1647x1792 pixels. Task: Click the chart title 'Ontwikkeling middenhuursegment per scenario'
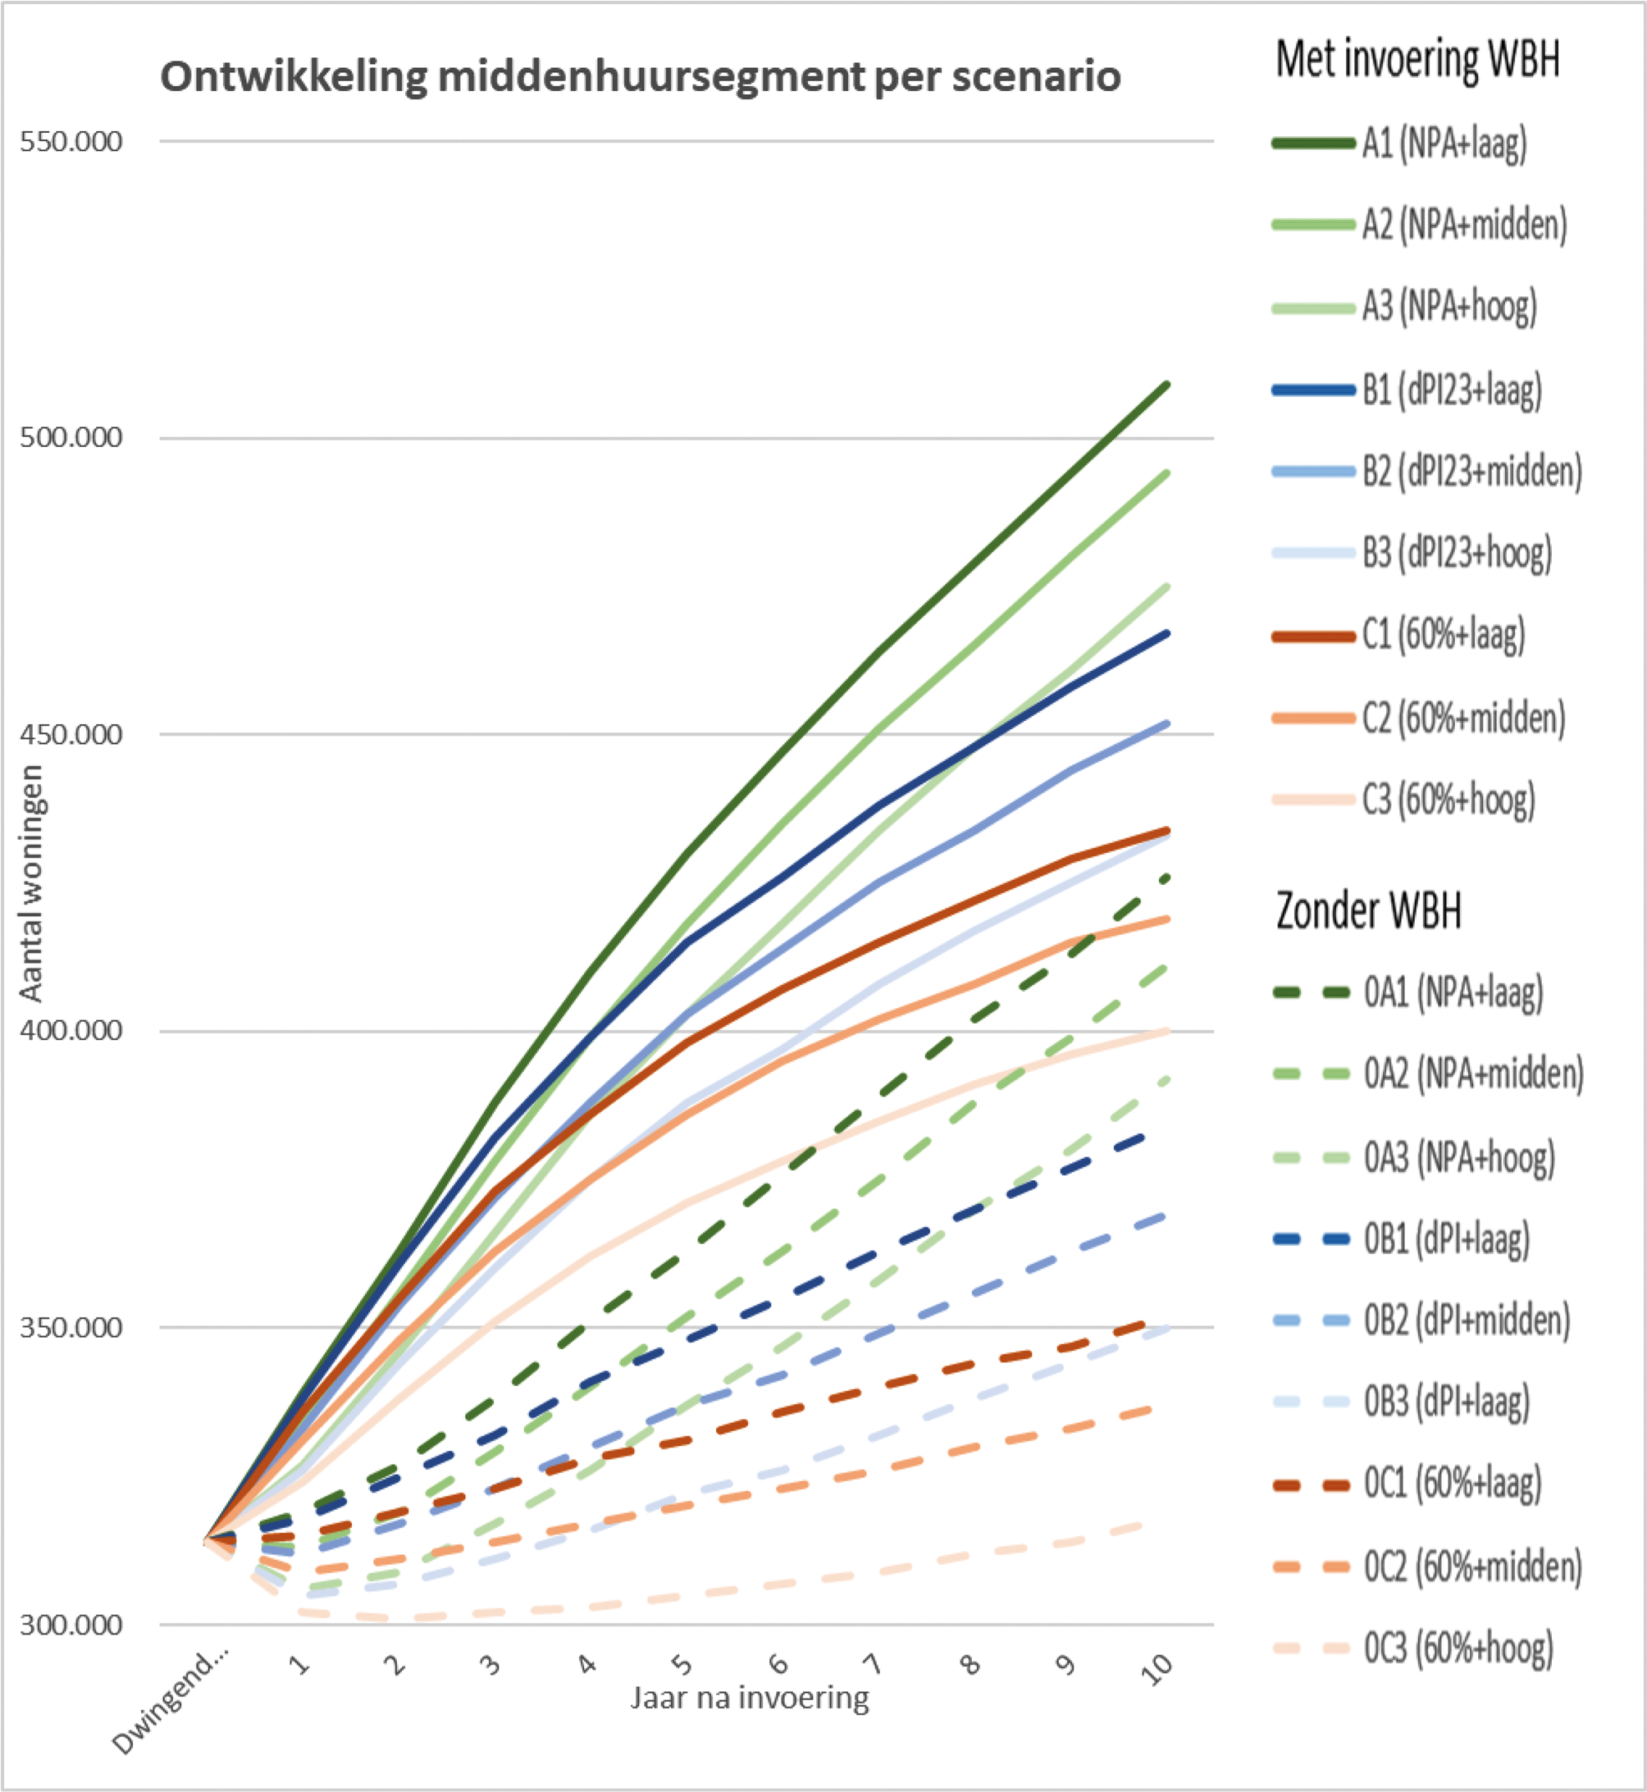coord(640,76)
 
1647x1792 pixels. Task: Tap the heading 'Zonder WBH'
coord(1368,910)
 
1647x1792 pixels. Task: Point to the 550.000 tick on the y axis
coord(71,142)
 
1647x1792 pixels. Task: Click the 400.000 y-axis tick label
coord(71,1031)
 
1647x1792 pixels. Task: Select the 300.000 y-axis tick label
coord(71,1625)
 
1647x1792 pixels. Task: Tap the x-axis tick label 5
coord(682,1664)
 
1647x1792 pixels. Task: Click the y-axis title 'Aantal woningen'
coord(32,883)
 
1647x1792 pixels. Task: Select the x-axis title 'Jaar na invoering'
coord(750,1699)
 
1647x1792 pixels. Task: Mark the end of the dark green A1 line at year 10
coord(1167,385)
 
